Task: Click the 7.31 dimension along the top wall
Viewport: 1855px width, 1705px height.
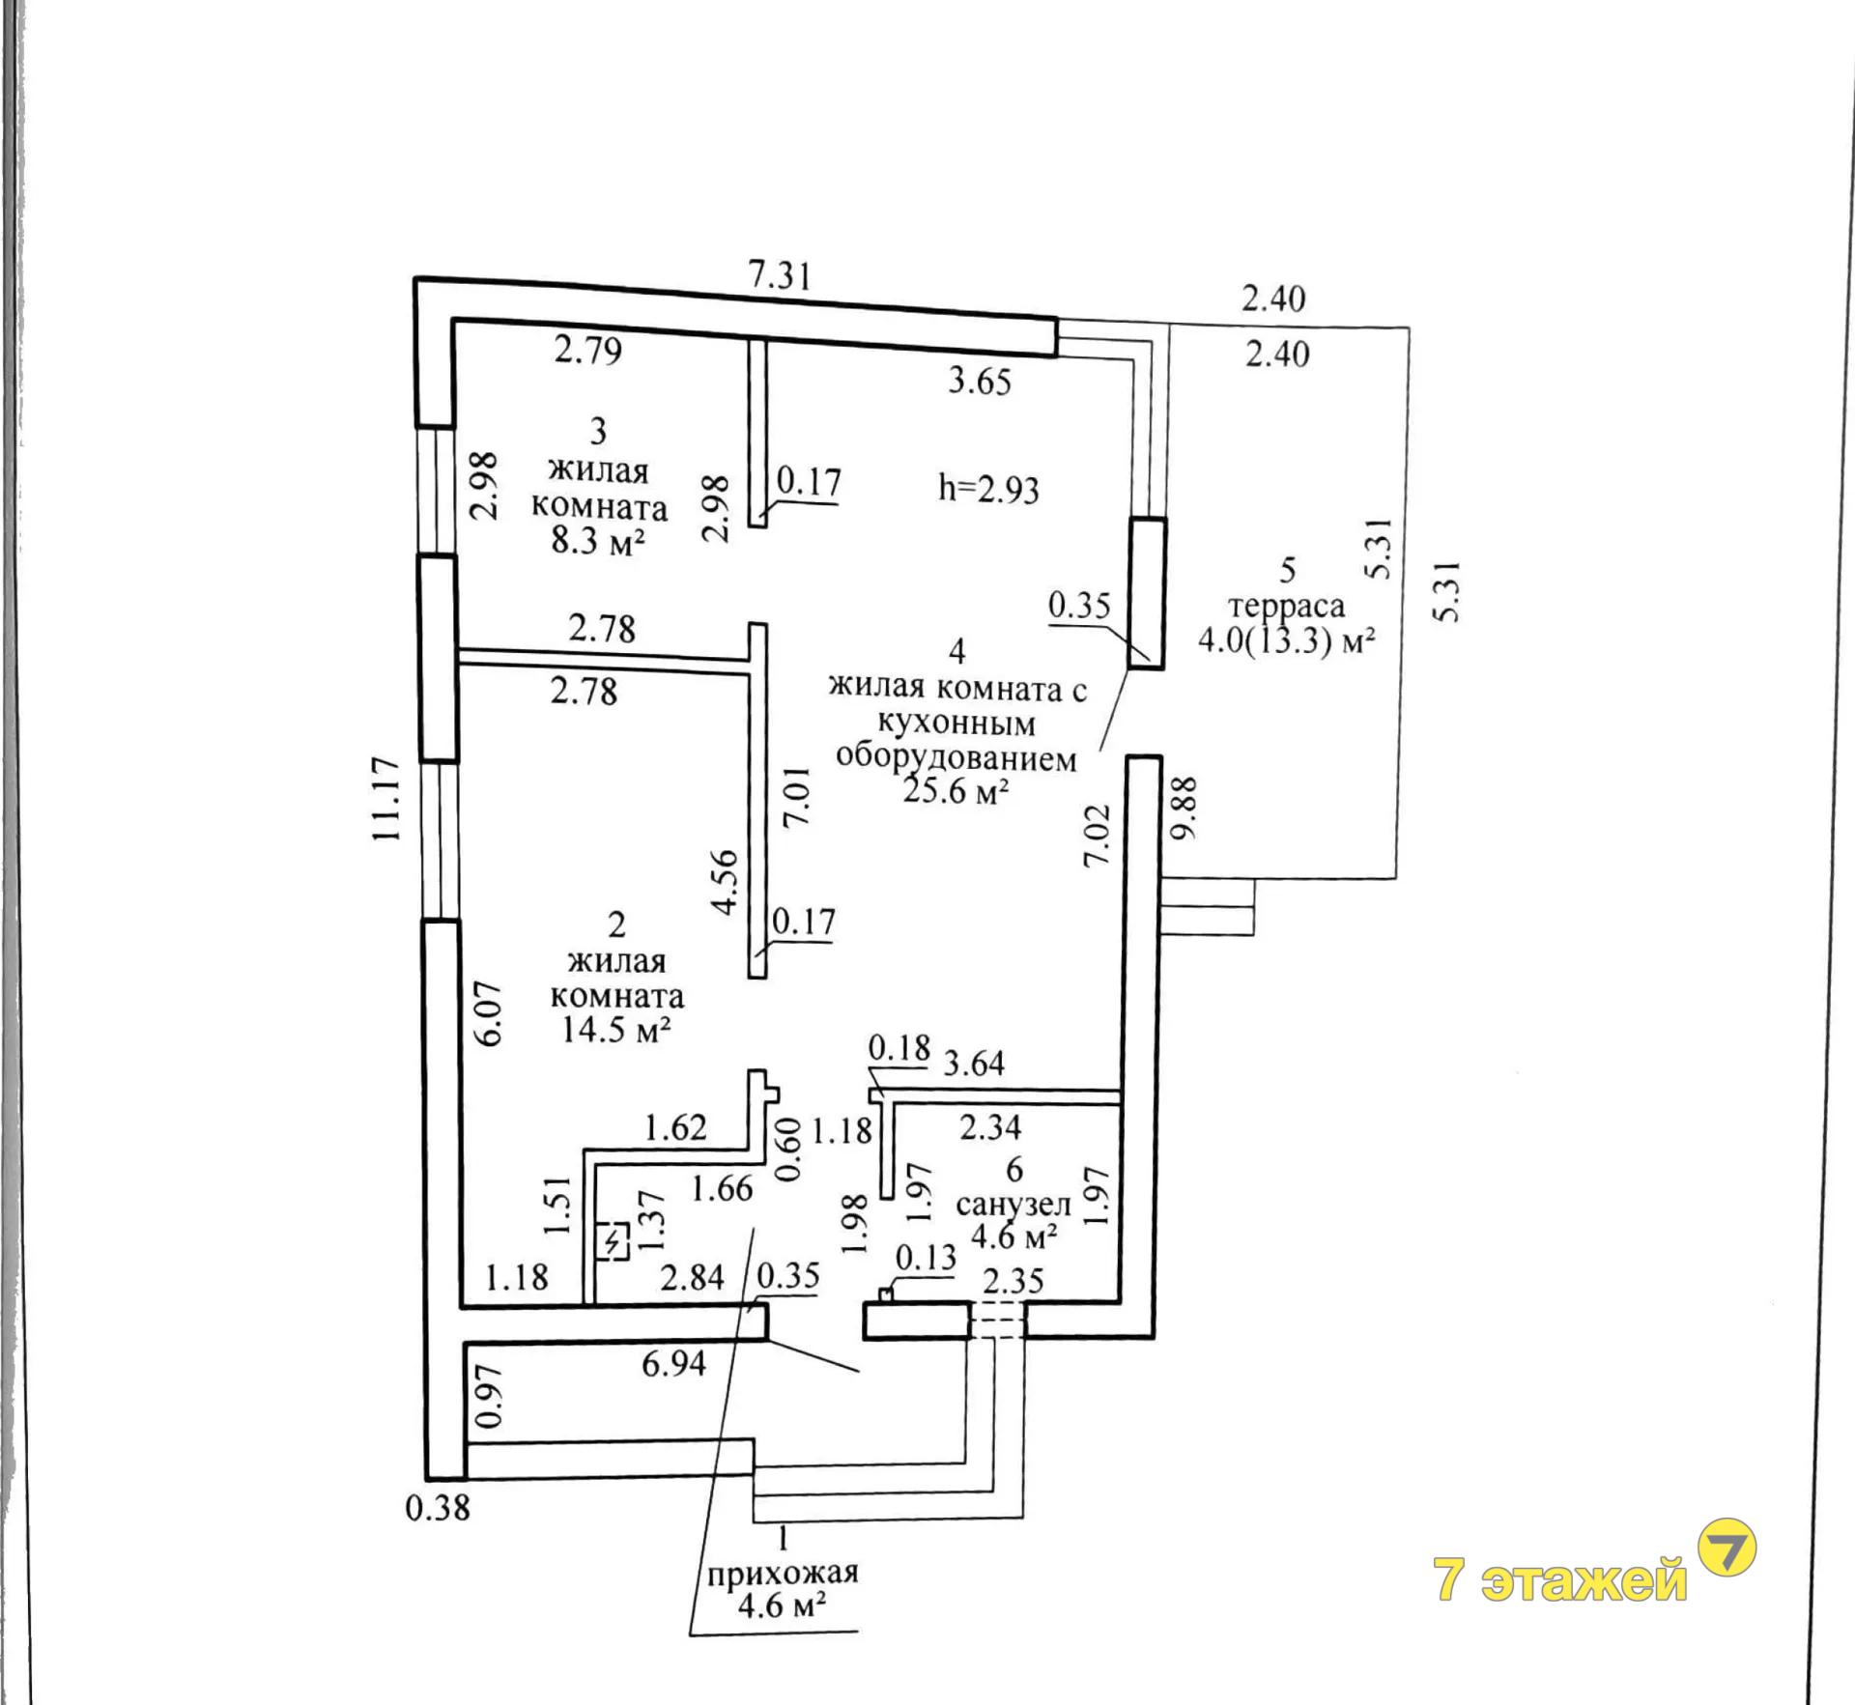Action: (780, 276)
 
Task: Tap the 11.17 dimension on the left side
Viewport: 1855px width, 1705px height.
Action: (386, 799)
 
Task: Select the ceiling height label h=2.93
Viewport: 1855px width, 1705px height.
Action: (988, 488)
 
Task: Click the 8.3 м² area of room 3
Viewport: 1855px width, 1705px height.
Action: (598, 541)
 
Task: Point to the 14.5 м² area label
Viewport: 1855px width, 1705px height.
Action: (616, 1030)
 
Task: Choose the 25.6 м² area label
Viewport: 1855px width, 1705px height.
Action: (956, 791)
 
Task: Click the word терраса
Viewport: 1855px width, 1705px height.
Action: (1286, 606)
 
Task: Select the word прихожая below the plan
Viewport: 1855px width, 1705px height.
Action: (783, 1573)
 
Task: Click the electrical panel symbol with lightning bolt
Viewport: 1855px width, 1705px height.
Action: (614, 1241)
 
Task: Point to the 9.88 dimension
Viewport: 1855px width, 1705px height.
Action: (1185, 808)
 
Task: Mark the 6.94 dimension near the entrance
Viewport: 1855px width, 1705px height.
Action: (674, 1364)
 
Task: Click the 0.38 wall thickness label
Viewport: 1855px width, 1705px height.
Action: (438, 1508)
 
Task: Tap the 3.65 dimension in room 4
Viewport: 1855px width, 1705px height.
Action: (980, 382)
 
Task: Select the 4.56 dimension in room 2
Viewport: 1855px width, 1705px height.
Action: (725, 881)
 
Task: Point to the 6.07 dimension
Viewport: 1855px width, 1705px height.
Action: (490, 1013)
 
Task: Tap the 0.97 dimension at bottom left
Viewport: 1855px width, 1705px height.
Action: (490, 1396)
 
